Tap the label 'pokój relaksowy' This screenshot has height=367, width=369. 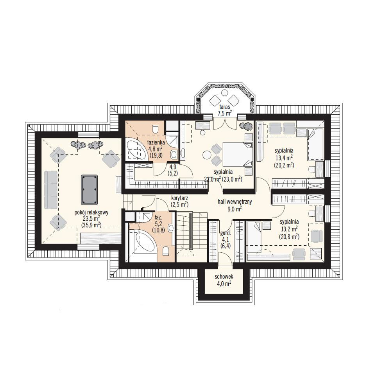click(x=91, y=212)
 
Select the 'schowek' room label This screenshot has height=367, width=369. click(x=224, y=277)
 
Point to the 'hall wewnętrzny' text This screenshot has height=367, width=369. click(x=235, y=202)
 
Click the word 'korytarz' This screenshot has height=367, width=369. click(x=179, y=198)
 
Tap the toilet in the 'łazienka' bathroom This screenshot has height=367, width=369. click(x=156, y=128)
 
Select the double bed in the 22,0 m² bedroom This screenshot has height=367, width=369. click(x=238, y=154)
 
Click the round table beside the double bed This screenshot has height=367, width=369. click(x=207, y=155)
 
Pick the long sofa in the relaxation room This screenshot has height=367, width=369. click(x=50, y=190)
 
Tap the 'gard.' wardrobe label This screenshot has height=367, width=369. click(x=225, y=234)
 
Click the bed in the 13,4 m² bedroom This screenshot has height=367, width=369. click(x=316, y=144)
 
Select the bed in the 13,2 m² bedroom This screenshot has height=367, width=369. click(x=254, y=237)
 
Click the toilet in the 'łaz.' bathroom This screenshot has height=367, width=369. click(x=166, y=251)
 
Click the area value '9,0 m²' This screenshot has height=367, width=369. click(x=235, y=208)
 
